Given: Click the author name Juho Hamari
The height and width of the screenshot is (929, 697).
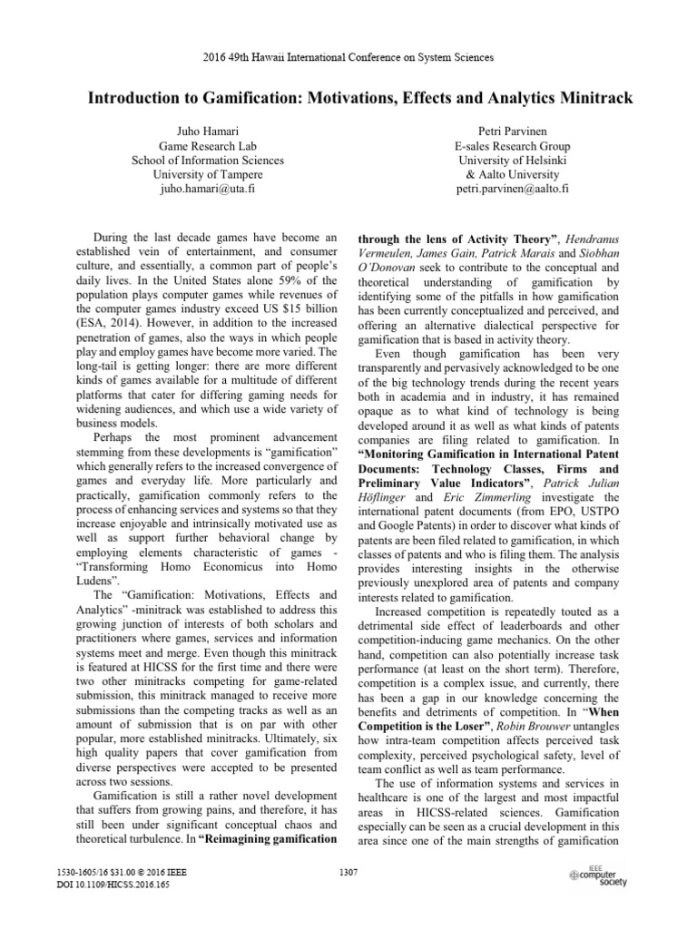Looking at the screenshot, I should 208,130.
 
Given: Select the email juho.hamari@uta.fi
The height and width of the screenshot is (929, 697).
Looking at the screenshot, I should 208,190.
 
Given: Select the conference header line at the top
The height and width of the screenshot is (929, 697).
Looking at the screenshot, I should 348,57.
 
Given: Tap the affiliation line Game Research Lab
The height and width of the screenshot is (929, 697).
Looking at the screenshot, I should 208,145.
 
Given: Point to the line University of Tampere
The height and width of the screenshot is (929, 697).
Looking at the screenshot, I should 208,175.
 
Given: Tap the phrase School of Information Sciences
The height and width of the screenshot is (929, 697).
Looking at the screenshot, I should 208,160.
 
